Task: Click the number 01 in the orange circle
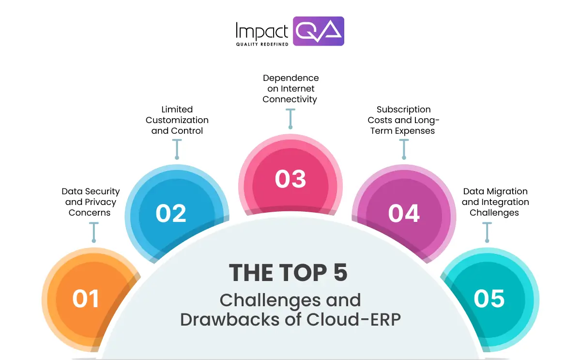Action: click(x=86, y=298)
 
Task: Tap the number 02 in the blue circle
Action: click(x=171, y=214)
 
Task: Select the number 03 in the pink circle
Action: click(x=290, y=179)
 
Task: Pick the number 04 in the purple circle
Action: click(x=404, y=214)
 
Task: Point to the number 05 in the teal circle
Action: click(x=489, y=298)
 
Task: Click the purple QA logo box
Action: click(x=319, y=31)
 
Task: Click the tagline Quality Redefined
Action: click(x=262, y=44)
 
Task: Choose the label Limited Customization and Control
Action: click(x=177, y=120)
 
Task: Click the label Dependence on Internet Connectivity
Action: click(x=290, y=89)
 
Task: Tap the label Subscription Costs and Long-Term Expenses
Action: click(x=403, y=120)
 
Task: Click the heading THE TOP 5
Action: click(x=289, y=273)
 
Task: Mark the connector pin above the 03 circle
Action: click(x=290, y=119)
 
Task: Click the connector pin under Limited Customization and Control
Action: click(x=177, y=149)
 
